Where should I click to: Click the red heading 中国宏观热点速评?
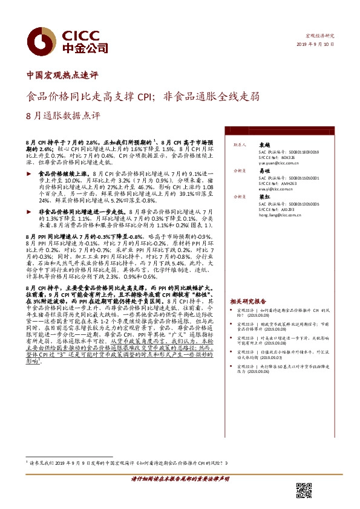(x=62, y=76)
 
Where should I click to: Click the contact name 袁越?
(x=263, y=146)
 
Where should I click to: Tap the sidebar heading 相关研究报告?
(x=248, y=301)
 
